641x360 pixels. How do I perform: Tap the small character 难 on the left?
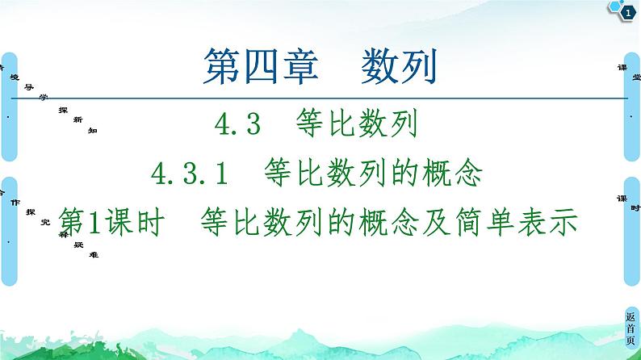[94, 253]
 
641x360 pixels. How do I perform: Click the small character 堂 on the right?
[636, 77]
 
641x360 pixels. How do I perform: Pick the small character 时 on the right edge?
[636, 207]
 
